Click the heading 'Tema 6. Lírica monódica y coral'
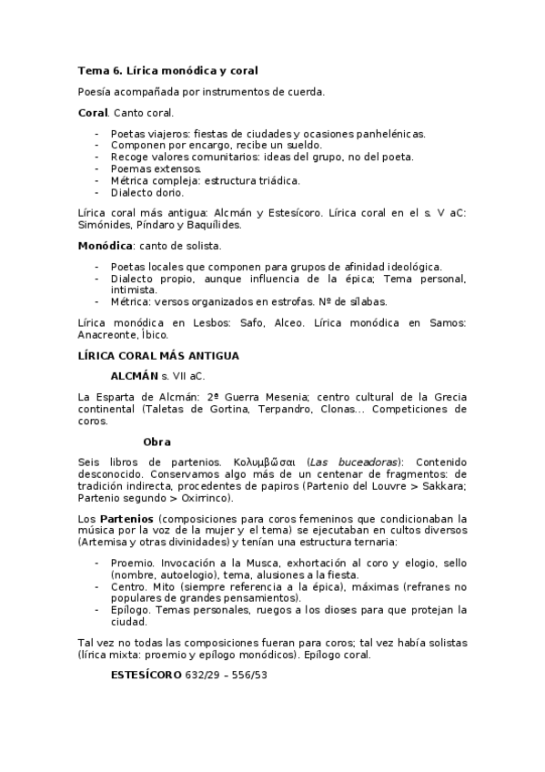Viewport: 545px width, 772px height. tap(168, 70)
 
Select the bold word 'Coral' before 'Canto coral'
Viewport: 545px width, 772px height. tap(93, 112)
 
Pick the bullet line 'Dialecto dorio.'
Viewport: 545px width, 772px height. tap(146, 192)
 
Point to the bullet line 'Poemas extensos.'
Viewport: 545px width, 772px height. tap(151, 168)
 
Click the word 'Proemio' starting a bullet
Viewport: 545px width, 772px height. tap(131, 564)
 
